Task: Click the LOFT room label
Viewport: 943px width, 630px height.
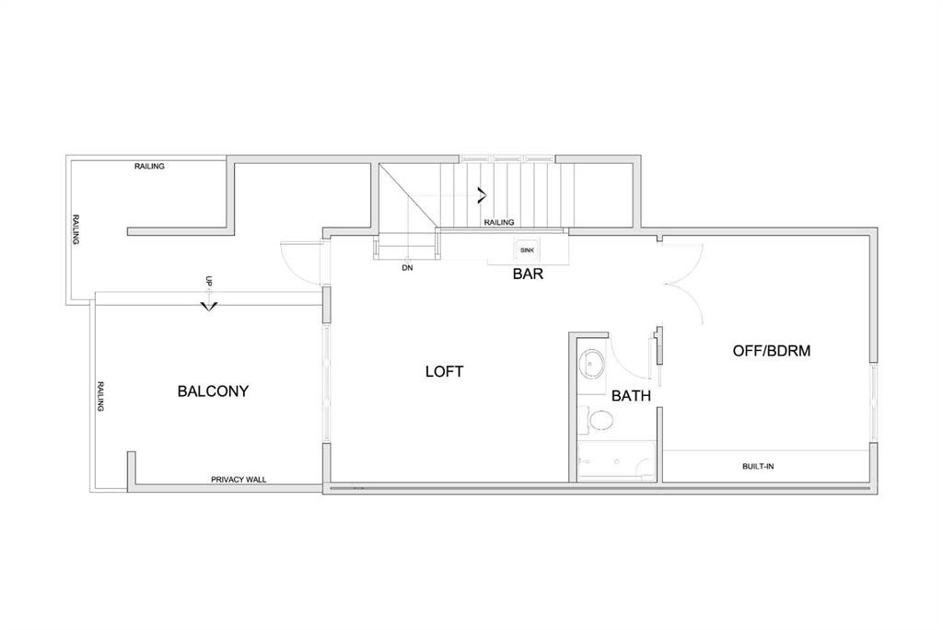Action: point(445,372)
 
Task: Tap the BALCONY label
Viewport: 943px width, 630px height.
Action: point(213,391)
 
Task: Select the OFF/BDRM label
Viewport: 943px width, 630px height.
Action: point(772,351)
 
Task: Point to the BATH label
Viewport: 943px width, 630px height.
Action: point(631,396)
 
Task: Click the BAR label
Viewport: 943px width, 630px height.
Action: point(528,274)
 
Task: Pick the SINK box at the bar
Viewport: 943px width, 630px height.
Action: point(527,250)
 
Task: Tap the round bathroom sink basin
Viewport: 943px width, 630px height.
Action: point(592,364)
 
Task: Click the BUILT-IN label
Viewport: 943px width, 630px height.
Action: point(758,466)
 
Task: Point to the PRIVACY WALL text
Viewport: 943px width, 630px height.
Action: point(239,480)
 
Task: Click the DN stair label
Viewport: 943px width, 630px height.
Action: point(407,268)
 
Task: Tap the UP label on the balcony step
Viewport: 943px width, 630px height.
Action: point(209,280)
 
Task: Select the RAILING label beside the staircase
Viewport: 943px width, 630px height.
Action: point(499,222)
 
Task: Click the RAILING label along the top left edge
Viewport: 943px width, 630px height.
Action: point(149,166)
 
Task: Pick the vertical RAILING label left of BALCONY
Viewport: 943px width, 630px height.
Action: point(101,396)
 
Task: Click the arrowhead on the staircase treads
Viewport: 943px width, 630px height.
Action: point(482,195)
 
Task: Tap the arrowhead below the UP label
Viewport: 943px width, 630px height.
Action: point(209,307)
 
